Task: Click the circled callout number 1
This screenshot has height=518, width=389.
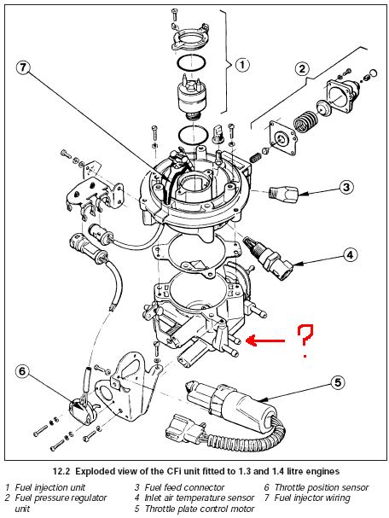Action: [242, 64]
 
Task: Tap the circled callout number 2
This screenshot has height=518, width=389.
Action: [302, 69]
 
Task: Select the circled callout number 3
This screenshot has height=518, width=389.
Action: [345, 187]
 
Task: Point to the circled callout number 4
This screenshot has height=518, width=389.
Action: [350, 254]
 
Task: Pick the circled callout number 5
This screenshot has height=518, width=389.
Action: [338, 382]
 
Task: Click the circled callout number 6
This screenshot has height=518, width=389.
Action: [22, 371]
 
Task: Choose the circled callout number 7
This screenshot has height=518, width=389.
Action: [22, 67]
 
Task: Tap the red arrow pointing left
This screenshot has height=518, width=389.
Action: [266, 340]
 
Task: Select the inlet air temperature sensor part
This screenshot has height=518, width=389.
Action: [268, 259]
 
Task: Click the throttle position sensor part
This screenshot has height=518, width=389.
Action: [81, 410]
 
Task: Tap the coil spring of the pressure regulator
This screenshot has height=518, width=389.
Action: [305, 121]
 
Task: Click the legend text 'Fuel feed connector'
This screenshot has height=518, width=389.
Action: [184, 487]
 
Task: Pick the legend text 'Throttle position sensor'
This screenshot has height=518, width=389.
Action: [322, 487]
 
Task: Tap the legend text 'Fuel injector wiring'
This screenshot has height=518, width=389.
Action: [312, 498]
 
